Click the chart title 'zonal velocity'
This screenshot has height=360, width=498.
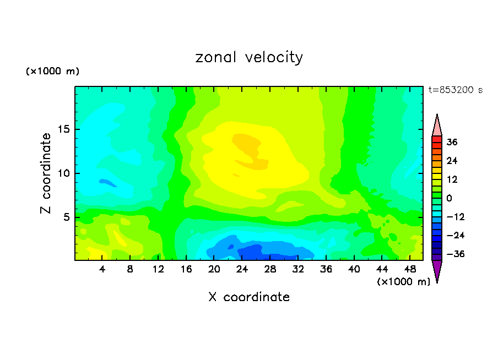(x=249, y=58)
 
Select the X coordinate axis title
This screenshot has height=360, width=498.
(x=249, y=297)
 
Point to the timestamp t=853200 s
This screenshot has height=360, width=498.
(x=455, y=90)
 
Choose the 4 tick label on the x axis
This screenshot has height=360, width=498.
(x=102, y=269)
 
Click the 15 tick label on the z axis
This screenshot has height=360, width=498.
(x=62, y=129)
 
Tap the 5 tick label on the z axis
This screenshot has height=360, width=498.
(x=65, y=217)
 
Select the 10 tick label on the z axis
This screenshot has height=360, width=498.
(x=62, y=173)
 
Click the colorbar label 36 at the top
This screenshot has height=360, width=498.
(x=452, y=142)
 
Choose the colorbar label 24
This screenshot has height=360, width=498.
(x=452, y=161)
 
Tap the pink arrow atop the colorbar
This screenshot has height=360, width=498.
(x=437, y=125)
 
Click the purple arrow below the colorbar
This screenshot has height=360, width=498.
(x=437, y=271)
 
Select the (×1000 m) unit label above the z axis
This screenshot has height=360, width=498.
(x=52, y=72)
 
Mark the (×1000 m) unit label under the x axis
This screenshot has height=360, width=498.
(x=403, y=282)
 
